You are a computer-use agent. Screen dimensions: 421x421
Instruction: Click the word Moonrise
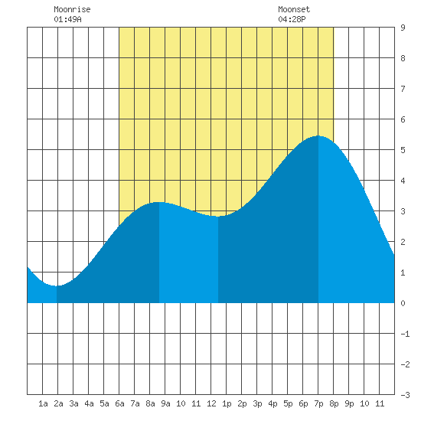72,9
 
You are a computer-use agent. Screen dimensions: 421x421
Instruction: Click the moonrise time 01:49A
67,19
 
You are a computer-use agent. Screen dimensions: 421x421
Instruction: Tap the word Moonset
294,9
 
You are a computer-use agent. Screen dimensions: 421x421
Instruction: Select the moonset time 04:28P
292,19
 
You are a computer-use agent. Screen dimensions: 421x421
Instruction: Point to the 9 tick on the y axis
403,28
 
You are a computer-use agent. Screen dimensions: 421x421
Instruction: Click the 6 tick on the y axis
403,119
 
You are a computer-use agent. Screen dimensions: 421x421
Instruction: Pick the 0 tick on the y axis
403,303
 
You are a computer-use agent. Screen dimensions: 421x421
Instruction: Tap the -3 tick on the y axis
405,395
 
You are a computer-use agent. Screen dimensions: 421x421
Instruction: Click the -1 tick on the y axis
405,334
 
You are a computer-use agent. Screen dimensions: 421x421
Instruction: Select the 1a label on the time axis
43,403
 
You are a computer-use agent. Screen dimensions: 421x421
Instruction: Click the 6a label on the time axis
119,403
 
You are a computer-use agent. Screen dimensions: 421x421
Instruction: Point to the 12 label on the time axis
211,403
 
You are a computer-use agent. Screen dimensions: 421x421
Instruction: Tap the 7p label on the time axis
318,403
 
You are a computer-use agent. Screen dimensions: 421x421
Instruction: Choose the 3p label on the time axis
257,403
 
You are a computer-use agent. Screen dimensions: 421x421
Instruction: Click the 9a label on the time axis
165,403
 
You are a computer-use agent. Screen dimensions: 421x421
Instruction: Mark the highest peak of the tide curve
318,135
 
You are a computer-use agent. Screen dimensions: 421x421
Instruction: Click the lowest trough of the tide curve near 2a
57,286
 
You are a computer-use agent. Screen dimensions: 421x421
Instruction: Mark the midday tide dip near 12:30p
218,217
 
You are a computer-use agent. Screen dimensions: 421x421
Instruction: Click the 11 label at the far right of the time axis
380,403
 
